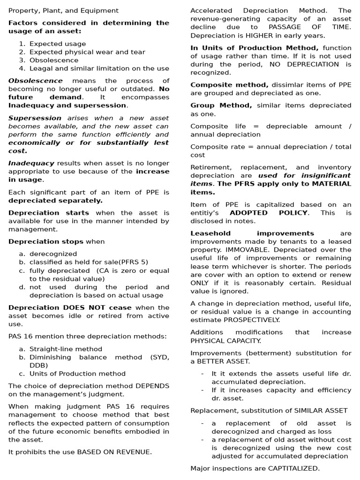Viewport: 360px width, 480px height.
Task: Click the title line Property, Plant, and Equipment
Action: pyautogui.click(x=63, y=10)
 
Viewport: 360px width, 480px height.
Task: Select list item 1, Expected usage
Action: pyautogui.click(x=58, y=44)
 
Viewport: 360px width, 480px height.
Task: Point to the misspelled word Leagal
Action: pyautogui.click(x=41, y=68)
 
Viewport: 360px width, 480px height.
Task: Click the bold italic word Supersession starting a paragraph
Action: pyautogui.click(x=35, y=118)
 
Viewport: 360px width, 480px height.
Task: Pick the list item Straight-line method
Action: pyautogui.click(x=66, y=349)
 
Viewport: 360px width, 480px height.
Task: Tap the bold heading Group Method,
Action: pyautogui.click(x=221, y=105)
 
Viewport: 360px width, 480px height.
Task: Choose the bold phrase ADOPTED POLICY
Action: pyautogui.click(x=269, y=213)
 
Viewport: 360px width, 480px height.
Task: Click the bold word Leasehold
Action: pyautogui.click(x=210, y=233)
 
